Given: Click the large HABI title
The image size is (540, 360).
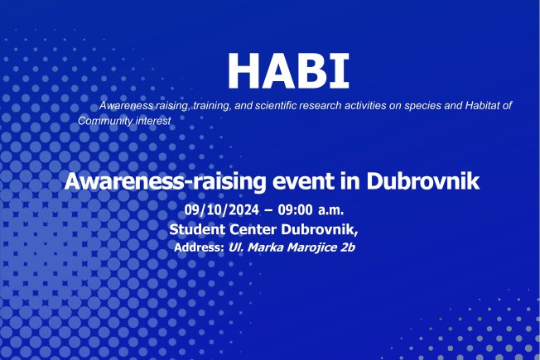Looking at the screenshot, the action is [x=288, y=71].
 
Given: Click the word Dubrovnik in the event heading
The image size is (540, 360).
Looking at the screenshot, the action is [x=423, y=180].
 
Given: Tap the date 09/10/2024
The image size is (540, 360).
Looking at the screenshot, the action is [x=222, y=209].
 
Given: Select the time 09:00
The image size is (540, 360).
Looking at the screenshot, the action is [x=296, y=209].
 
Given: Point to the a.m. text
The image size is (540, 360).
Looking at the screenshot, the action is [x=330, y=210].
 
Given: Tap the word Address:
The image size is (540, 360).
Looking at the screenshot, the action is [x=200, y=247].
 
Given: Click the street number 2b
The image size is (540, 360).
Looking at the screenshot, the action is [x=348, y=247].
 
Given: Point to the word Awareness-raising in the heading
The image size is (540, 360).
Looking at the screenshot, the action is [x=166, y=181].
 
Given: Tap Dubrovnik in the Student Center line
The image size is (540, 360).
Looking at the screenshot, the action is [x=320, y=229].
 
